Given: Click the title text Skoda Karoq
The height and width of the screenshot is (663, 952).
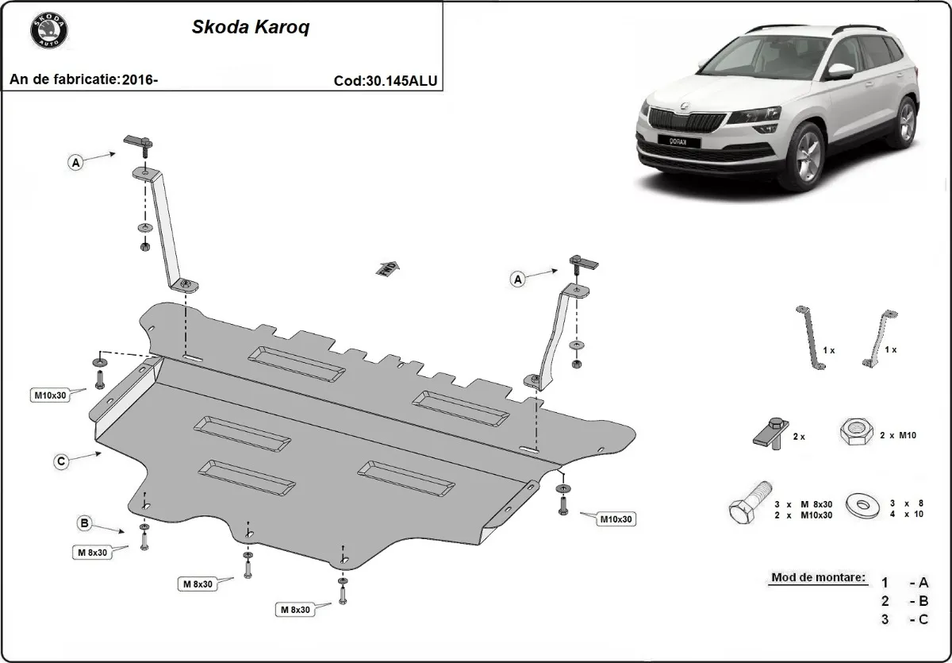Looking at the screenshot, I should (x=251, y=27).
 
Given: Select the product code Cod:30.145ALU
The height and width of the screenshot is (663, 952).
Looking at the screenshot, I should (x=386, y=80).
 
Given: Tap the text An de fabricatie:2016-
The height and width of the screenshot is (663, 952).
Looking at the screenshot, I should (x=83, y=79).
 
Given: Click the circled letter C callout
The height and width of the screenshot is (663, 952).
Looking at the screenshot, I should (x=60, y=461).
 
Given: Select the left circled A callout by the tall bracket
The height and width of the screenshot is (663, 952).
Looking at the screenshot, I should (x=76, y=163).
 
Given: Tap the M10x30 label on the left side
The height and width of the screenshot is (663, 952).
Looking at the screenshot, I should (x=49, y=394).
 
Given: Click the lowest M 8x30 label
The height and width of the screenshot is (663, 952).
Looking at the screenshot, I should (x=294, y=610).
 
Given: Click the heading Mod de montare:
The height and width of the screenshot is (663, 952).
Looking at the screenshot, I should (x=817, y=577).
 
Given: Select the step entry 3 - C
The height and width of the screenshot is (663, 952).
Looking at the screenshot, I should (x=904, y=619).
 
